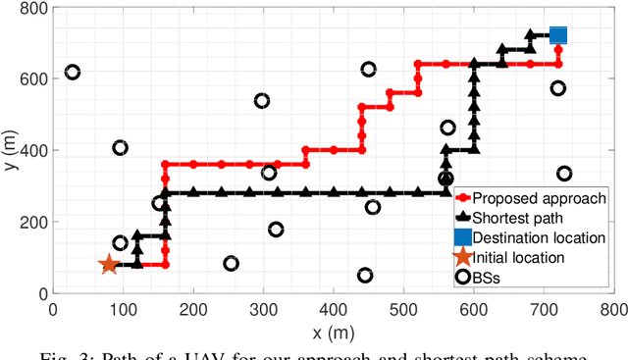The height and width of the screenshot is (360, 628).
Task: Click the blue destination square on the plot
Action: click(x=558, y=36)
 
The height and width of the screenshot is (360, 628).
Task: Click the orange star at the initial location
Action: click(x=109, y=264)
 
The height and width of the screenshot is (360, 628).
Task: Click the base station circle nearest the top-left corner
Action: click(x=73, y=72)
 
